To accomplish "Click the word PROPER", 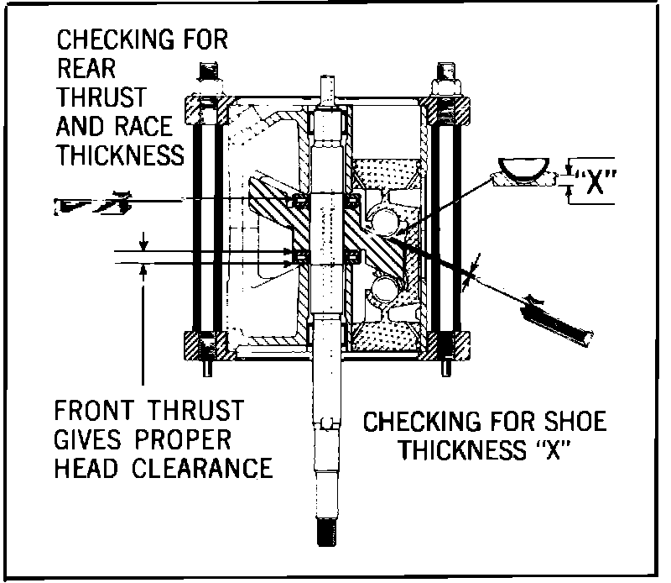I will coord(186,439).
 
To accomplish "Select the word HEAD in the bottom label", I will coord(81,468).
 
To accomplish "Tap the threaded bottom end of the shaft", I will coord(329,532).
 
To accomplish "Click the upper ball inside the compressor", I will coord(387,222).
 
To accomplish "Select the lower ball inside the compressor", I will coord(385,291).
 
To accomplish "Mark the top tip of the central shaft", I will coord(329,82).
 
